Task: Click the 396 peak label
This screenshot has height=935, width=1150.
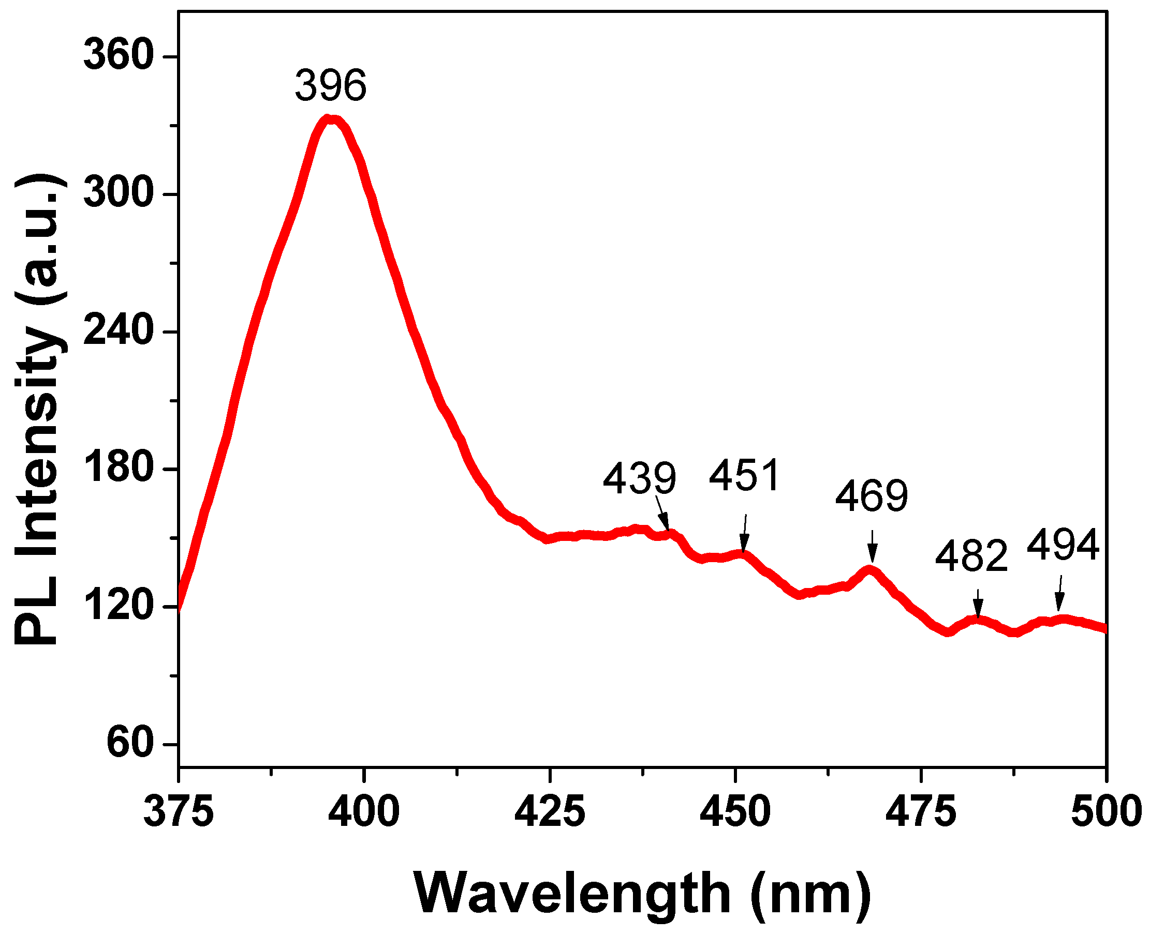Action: tap(330, 86)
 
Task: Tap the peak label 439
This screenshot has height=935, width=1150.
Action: tap(639, 478)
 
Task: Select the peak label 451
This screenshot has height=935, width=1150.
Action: tap(744, 475)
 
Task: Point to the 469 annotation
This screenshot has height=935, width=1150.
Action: tap(872, 496)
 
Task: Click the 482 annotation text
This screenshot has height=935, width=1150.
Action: tap(971, 556)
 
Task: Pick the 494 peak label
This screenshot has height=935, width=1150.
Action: tap(1063, 546)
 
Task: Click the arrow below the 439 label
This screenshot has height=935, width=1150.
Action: tap(663, 514)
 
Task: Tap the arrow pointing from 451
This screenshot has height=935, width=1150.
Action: tap(745, 533)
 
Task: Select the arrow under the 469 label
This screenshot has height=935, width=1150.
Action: tap(873, 546)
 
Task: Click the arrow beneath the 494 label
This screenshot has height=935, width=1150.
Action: tap(1060, 594)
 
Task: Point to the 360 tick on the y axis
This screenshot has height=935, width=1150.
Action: tap(119, 55)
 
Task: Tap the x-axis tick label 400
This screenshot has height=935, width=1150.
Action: tap(364, 812)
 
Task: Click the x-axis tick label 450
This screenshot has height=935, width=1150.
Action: tap(735, 812)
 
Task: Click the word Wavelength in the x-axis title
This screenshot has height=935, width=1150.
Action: tap(571, 893)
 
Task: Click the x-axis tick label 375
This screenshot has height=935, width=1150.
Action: tap(179, 812)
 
